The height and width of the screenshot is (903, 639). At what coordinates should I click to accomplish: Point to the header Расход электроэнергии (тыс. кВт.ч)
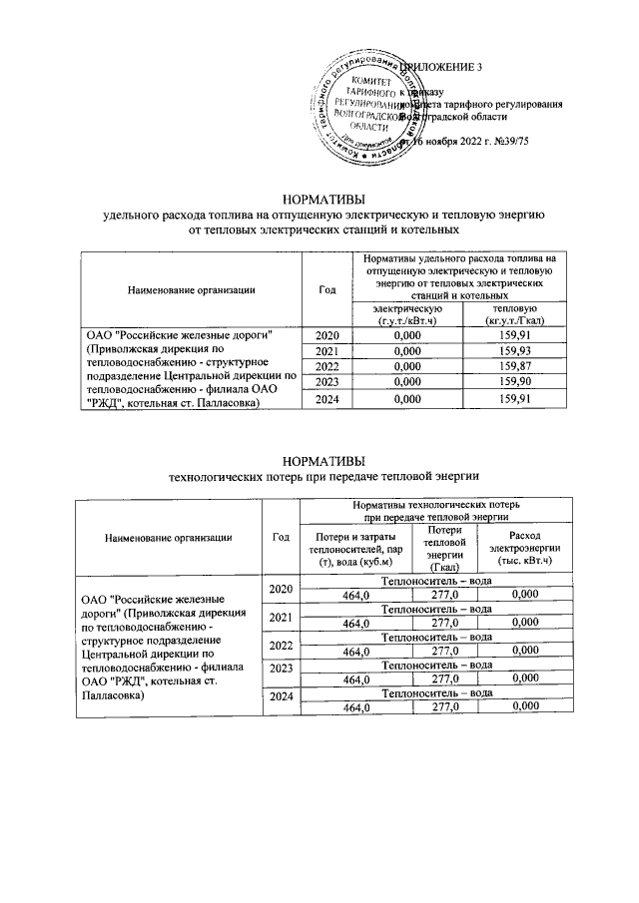click(524, 550)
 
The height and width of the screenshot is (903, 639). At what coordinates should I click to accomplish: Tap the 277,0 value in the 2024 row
click(443, 707)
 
